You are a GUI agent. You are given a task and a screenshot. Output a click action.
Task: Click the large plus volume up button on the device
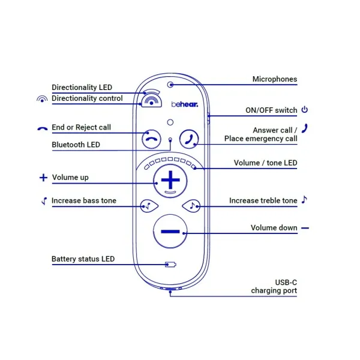171,178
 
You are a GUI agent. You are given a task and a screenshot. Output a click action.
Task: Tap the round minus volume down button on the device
170,231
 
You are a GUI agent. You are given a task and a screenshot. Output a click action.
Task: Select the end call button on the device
151,139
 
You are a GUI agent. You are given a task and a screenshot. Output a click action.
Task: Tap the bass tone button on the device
146,206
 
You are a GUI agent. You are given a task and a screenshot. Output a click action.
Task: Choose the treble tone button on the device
192,206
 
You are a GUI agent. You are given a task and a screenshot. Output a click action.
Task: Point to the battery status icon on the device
171,264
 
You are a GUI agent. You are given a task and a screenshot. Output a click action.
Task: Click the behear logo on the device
181,104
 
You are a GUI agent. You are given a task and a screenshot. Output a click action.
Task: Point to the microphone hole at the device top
171,85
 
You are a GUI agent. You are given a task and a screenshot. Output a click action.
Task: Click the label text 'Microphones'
274,79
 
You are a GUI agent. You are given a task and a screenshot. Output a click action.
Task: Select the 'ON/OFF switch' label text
271,110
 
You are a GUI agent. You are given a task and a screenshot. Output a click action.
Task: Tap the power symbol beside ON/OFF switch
304,110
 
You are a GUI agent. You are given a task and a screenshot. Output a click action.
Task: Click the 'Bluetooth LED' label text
76,145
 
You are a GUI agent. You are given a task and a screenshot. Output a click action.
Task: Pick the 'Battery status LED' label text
83,259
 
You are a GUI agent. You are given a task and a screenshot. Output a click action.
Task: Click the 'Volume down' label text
274,228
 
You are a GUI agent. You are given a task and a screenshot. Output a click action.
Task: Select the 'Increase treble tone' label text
263,200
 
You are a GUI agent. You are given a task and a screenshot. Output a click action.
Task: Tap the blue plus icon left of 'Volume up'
43,178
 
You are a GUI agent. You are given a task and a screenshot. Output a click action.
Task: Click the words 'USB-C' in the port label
286,283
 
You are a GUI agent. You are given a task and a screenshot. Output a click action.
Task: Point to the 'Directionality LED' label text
82,88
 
